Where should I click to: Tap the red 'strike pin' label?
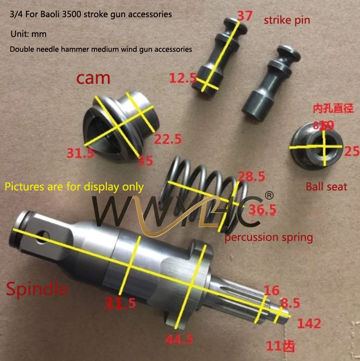pos(287,20)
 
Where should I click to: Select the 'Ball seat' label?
pos(326,187)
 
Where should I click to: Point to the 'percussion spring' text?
pos(269,238)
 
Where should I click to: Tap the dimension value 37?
pos(245,16)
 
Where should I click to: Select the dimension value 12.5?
pos(183,79)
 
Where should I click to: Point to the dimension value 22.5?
pos(168,139)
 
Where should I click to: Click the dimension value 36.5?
pos(262,210)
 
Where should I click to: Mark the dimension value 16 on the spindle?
pos(271,290)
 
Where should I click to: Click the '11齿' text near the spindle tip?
pos(281,346)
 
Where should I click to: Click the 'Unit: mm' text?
pos(29,34)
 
